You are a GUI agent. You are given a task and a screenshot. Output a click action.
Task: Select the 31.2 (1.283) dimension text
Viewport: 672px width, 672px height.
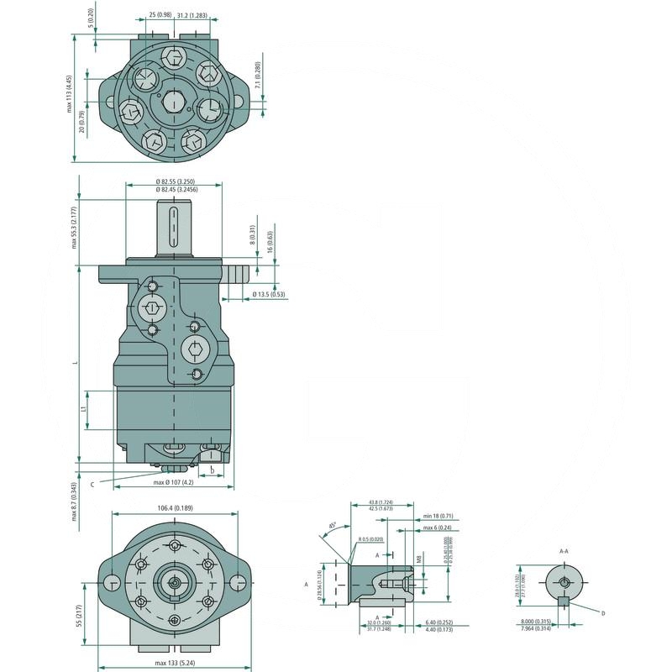point(192,15)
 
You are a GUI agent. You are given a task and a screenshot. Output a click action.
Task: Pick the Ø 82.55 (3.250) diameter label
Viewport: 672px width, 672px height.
point(175,182)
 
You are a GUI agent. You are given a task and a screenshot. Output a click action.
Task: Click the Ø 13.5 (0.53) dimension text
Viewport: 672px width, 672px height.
point(269,295)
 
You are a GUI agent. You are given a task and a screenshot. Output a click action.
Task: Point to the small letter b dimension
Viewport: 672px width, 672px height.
point(212,469)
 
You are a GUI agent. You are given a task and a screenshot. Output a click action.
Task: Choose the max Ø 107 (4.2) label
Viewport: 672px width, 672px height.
point(174,483)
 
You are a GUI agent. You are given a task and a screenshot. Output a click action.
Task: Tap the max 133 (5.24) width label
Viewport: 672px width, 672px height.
point(174,664)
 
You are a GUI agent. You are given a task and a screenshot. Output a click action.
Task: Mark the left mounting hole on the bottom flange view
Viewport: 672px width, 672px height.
point(112,582)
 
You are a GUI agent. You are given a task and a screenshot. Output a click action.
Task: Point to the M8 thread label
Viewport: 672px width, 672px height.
point(418,559)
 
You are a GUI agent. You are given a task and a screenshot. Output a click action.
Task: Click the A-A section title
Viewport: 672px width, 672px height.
point(564,551)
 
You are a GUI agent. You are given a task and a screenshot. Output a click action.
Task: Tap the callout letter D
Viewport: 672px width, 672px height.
point(602,614)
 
